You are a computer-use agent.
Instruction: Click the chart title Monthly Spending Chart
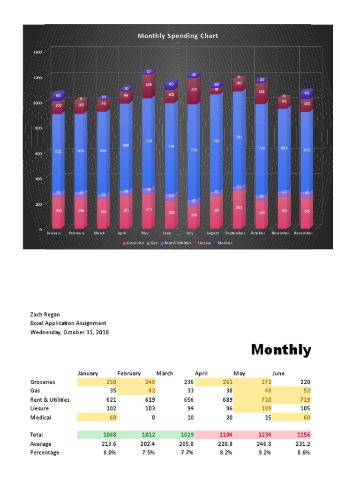point(178,36)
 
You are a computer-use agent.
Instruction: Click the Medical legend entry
point(223,243)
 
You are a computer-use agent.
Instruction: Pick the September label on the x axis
point(234,233)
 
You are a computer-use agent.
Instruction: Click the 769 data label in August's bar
point(216,141)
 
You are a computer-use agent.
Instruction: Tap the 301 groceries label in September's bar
point(239,207)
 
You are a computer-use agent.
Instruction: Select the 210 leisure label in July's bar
point(194,89)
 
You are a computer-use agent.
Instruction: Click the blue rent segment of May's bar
point(148,141)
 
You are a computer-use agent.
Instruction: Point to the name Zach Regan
point(45,315)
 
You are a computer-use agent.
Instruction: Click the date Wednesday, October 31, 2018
point(69,332)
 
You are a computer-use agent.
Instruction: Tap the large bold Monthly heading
point(281,350)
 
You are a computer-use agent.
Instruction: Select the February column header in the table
point(129,374)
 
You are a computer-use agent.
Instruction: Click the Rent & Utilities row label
point(50,400)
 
